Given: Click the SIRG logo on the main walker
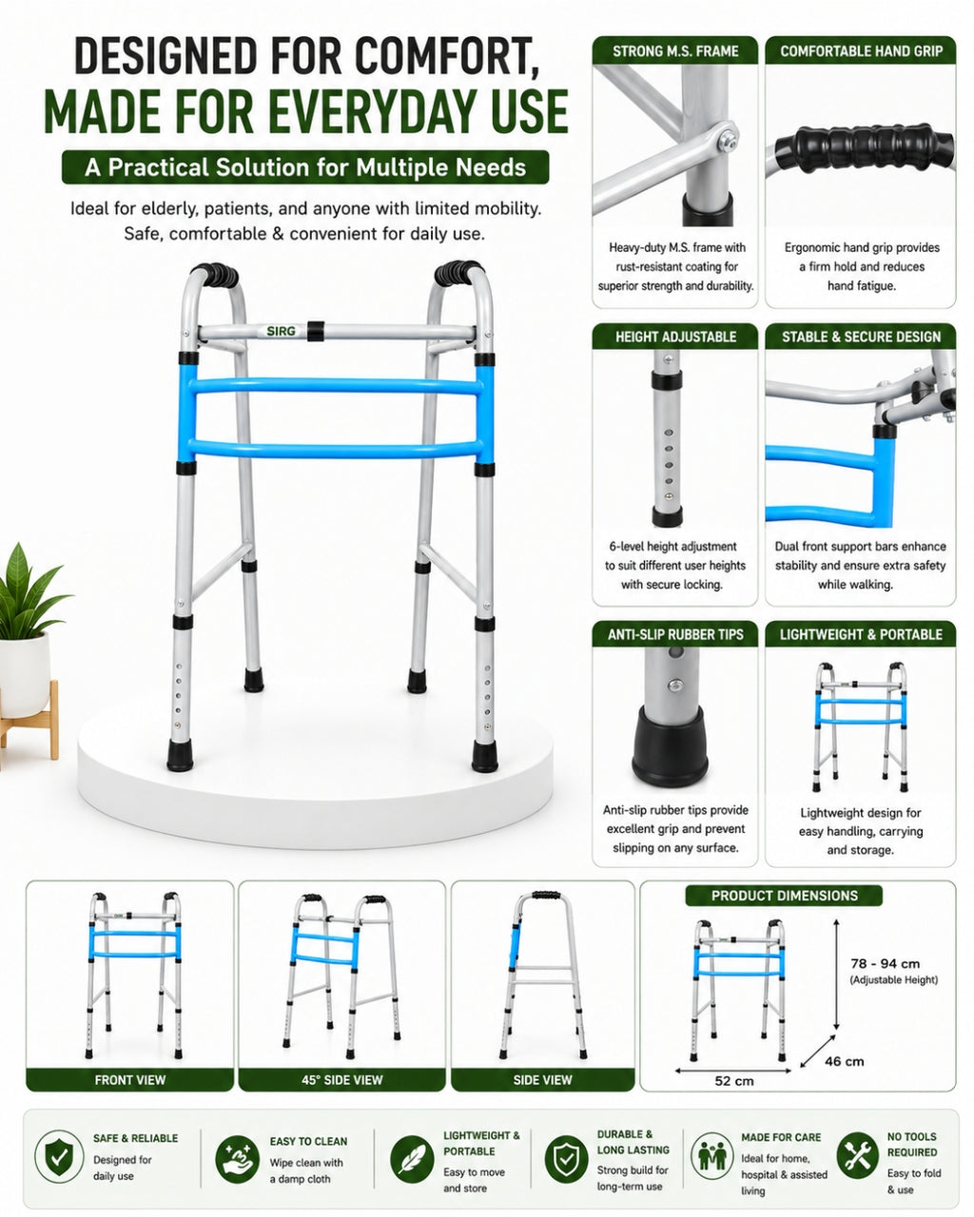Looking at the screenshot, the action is tap(281, 331).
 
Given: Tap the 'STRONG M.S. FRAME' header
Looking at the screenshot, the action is tap(675, 51).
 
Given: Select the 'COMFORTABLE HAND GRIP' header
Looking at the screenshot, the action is tap(861, 51).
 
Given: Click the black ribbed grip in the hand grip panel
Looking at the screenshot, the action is tap(864, 147).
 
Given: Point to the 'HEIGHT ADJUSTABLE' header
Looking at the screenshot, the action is tap(675, 337).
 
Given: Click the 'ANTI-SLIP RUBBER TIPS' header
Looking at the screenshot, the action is tap(675, 634).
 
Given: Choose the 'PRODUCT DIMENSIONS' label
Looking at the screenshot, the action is tap(784, 896).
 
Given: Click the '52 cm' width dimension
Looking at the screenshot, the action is tap(734, 1081).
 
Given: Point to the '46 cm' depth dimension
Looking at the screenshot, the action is tap(844, 1061).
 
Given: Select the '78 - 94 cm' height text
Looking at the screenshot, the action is tap(886, 964).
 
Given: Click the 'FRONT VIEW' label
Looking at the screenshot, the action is tap(129, 1080).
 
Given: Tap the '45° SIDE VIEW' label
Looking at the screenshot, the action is tap(341, 1080).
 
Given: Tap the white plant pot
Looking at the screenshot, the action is tap(24, 675).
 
